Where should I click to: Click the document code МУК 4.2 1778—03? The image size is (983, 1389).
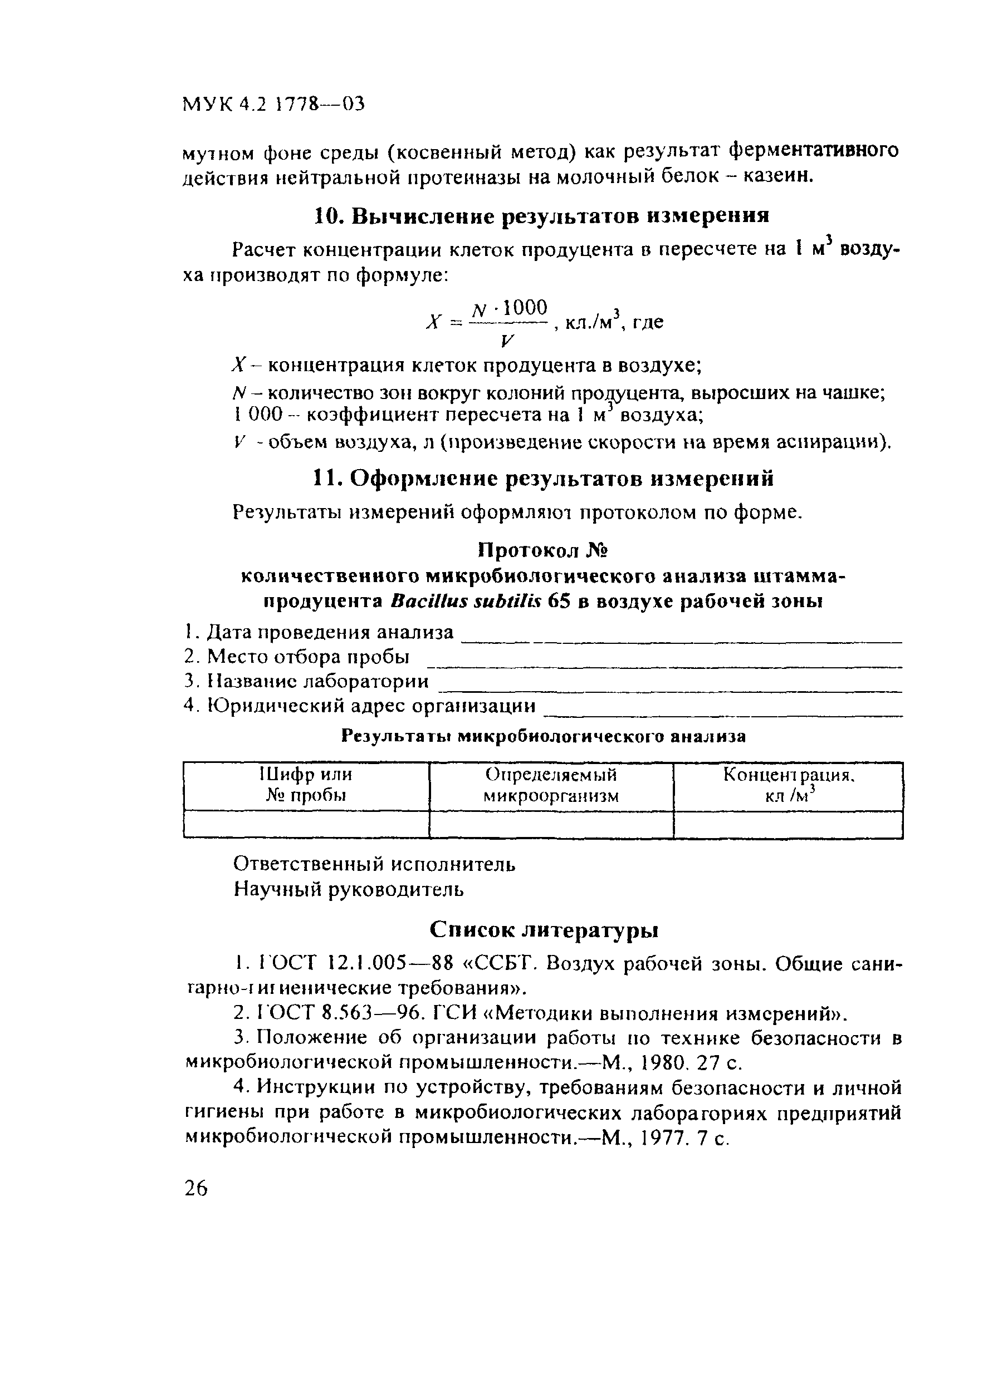(x=273, y=105)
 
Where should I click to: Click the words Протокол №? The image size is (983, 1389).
(x=542, y=550)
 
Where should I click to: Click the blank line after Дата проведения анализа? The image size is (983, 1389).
(x=681, y=640)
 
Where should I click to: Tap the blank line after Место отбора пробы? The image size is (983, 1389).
(x=669, y=665)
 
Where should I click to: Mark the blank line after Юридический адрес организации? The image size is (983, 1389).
(x=723, y=715)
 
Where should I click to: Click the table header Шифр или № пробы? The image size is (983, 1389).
(x=306, y=785)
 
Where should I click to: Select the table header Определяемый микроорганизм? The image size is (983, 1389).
(x=551, y=785)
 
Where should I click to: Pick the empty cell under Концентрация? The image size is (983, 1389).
(x=788, y=824)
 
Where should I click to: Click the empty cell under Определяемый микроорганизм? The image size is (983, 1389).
(x=551, y=824)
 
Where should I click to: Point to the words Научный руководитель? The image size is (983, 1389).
(x=349, y=889)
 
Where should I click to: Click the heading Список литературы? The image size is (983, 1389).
(x=544, y=930)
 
